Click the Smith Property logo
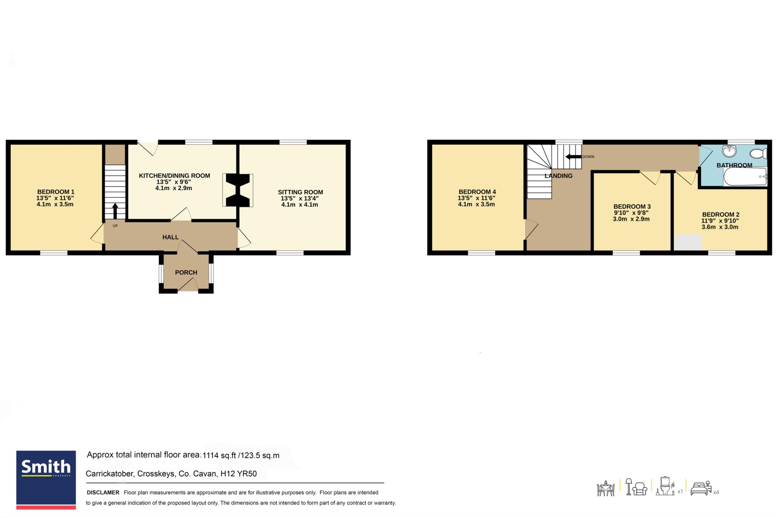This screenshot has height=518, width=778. point(46,480)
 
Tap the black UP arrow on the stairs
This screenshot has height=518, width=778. point(115,211)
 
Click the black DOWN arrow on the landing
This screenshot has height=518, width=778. point(573,157)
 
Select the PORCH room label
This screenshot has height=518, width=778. point(186,272)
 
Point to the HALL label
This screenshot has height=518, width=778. point(171,237)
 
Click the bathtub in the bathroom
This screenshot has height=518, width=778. point(745,176)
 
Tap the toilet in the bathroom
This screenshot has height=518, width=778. point(758,153)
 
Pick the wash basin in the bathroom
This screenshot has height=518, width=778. point(729,151)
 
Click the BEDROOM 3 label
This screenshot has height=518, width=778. point(632,206)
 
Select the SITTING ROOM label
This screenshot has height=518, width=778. point(300,192)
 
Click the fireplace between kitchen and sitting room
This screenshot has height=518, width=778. point(238,190)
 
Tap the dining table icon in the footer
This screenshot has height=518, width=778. point(606,488)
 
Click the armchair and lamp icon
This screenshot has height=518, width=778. point(636,487)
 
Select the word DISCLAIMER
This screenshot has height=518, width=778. point(103,493)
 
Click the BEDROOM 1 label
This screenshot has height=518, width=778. point(55,192)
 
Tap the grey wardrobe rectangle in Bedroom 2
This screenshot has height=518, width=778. point(688,242)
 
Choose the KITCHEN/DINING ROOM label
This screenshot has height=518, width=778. point(174,176)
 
